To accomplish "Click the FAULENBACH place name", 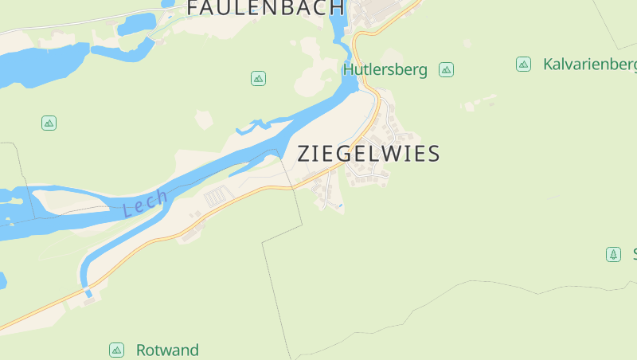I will point(266,8).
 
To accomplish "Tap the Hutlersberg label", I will point(385,70).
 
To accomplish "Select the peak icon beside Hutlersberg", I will point(447,69).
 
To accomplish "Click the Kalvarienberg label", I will point(589,64).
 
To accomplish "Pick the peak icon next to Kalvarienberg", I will point(523,64).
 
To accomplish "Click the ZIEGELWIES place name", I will point(369,154).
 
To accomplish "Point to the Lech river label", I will point(146,203).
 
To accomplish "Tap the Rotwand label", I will point(167,350).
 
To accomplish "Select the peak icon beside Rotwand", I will point(117,350).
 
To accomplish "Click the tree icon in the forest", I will point(613,254).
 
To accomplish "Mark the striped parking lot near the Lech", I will point(217,196).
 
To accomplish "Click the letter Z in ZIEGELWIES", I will point(305,154).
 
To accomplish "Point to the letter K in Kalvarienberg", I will point(549,64).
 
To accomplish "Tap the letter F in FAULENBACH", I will point(193,8).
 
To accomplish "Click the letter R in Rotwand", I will point(142,350).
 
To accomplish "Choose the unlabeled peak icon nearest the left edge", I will point(49,123).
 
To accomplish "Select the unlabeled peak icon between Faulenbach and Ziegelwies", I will point(258,78).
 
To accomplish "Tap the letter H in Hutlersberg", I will point(349,70).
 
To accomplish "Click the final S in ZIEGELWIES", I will point(433,154).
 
